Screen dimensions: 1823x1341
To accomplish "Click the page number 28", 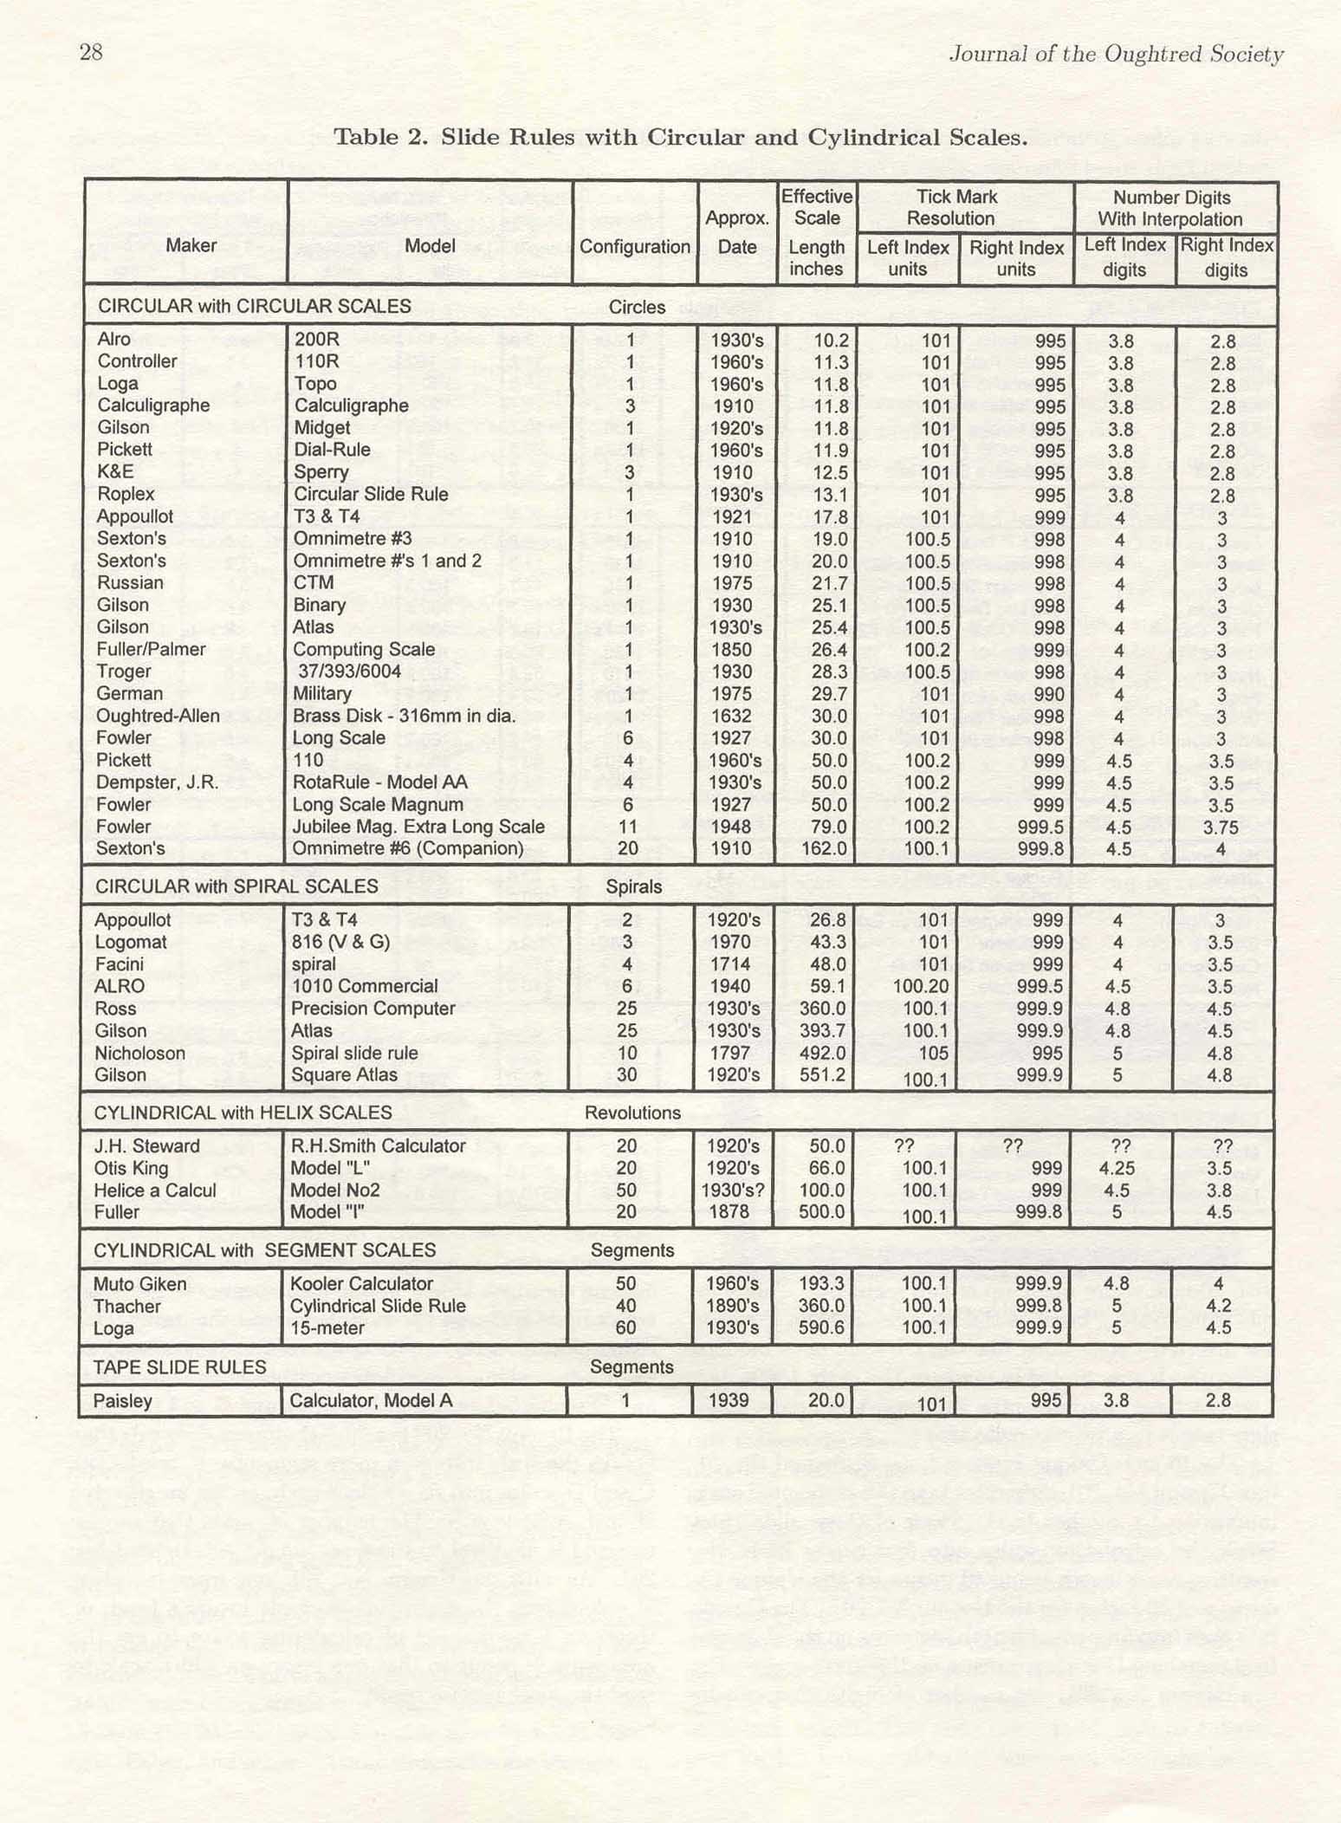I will [x=91, y=53].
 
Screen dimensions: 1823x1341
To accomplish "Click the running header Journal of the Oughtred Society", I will [x=1116, y=55].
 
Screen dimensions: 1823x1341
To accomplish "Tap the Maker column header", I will [x=191, y=245].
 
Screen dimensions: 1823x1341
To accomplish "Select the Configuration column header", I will [x=634, y=247].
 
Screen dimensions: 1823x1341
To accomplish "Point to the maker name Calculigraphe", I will [x=153, y=405].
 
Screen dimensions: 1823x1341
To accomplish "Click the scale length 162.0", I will [x=822, y=848].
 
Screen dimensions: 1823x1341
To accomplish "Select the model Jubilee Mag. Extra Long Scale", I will [x=418, y=827].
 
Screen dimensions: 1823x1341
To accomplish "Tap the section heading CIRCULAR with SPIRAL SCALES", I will [x=236, y=886].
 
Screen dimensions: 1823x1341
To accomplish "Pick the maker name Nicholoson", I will [x=139, y=1053].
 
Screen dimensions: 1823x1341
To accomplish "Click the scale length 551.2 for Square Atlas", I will [x=820, y=1075].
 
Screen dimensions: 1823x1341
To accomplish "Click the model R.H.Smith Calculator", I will [x=378, y=1145].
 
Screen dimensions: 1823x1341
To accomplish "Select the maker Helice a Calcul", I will [x=155, y=1190].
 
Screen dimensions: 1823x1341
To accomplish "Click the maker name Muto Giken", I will [x=139, y=1284].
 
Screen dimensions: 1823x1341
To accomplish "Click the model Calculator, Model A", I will [x=371, y=1400].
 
